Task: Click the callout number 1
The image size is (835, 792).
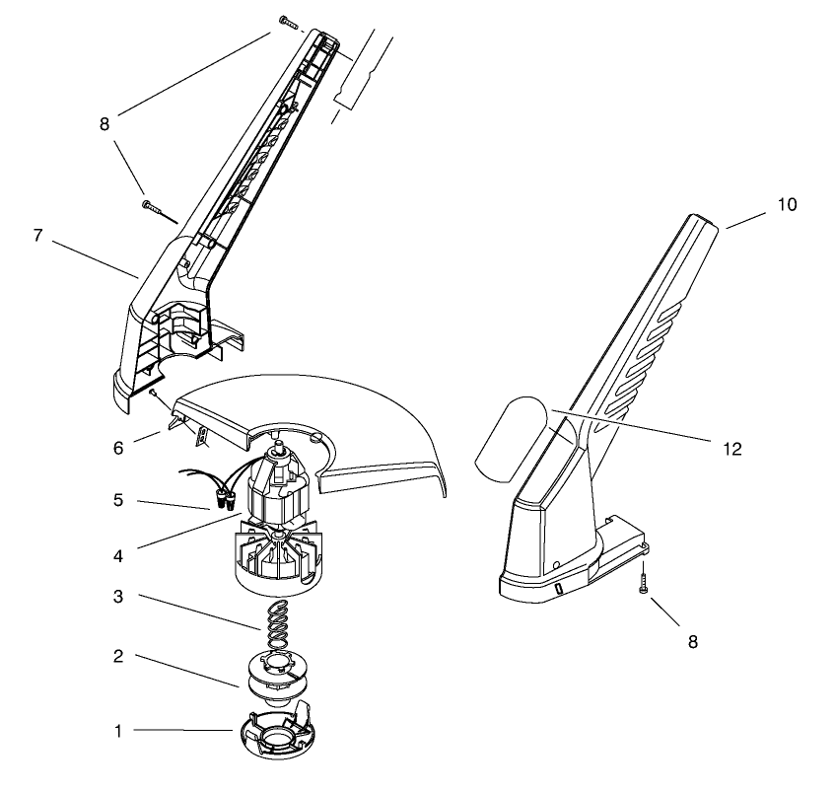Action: [x=118, y=731]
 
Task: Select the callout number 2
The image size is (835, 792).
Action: [x=117, y=656]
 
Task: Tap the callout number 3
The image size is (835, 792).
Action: [x=117, y=598]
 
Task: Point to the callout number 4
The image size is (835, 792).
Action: [x=117, y=555]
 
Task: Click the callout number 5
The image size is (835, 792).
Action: [x=117, y=501]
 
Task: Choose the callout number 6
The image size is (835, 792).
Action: [x=117, y=447]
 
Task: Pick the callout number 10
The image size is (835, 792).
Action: [x=787, y=205]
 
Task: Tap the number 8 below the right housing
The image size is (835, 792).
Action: [x=692, y=641]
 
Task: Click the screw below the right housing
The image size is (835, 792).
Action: [x=642, y=582]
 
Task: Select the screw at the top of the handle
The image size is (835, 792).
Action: [x=287, y=20]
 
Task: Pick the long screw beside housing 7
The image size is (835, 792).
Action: [x=159, y=210]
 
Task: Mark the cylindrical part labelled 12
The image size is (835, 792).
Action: [x=515, y=431]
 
